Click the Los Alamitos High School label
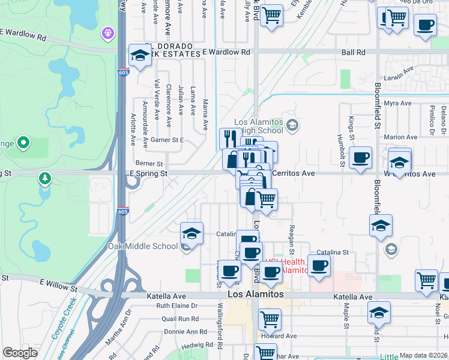click(260, 125)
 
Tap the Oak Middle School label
click(143, 246)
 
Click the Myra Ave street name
click(397, 103)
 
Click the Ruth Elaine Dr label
click(177, 305)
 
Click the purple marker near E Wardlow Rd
click(108, 31)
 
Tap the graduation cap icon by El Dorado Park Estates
click(139, 56)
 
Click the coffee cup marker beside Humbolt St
click(360, 158)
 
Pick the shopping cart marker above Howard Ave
click(270, 319)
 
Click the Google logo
click(20, 353)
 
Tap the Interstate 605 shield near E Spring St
click(122, 212)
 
